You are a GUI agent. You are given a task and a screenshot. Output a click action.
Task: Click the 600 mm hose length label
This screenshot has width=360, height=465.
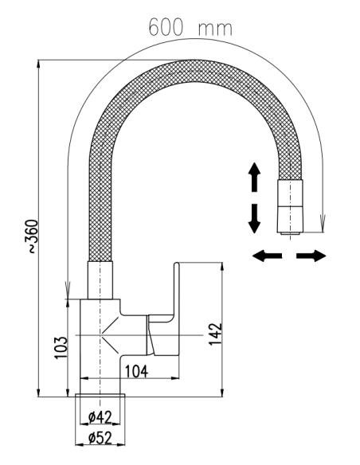click(190, 27)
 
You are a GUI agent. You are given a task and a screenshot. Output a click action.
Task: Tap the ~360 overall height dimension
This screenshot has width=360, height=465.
click(33, 236)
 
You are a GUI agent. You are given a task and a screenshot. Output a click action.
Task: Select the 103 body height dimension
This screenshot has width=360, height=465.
click(61, 347)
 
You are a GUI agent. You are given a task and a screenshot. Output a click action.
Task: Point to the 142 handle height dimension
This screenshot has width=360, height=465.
click(215, 334)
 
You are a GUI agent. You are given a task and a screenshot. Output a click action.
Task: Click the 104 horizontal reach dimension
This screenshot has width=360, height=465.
click(136, 372)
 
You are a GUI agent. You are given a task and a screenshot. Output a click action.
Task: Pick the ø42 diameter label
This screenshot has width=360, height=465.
click(100, 417)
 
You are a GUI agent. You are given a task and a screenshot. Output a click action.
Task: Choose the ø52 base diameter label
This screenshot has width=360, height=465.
click(100, 438)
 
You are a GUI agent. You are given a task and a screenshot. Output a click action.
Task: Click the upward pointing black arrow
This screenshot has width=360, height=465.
click(254, 177)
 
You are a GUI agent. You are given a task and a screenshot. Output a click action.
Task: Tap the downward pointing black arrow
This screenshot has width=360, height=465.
click(254, 218)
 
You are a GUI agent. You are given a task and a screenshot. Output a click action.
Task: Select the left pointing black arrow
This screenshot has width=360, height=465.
click(267, 256)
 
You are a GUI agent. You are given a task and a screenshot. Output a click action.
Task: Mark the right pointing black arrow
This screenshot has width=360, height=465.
click(311, 256)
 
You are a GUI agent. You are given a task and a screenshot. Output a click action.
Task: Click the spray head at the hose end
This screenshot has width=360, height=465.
click(291, 205)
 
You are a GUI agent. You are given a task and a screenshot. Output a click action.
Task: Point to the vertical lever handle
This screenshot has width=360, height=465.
click(177, 308)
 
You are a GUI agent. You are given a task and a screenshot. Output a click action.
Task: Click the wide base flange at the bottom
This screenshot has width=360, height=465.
click(100, 395)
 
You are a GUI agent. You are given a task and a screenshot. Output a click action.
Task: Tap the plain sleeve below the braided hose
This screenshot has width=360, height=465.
click(100, 280)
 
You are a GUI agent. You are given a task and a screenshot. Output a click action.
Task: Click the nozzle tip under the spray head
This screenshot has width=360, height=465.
click(291, 233)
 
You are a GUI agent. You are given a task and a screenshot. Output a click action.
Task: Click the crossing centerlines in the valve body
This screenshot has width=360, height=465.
click(100, 335)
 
